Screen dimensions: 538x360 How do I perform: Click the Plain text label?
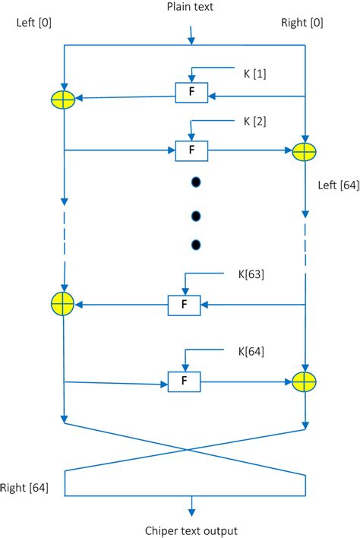tap(191, 8)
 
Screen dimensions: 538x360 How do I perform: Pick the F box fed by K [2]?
tap(191, 150)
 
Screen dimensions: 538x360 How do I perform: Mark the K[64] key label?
tap(252, 351)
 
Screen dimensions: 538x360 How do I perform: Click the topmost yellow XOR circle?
tap(63, 100)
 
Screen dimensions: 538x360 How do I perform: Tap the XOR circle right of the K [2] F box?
tap(305, 151)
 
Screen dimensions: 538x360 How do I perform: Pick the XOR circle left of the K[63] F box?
tap(63, 305)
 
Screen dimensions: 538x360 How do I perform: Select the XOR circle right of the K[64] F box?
tap(305, 381)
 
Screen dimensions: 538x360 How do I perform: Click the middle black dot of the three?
tap(195, 215)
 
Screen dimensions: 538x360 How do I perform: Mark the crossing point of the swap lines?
tap(186, 449)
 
